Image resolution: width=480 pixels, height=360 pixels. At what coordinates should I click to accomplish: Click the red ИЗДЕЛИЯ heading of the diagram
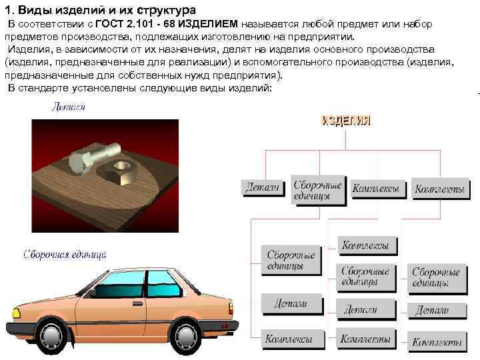click(346, 121)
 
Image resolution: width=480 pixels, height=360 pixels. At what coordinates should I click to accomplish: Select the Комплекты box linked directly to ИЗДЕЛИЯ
click(439, 189)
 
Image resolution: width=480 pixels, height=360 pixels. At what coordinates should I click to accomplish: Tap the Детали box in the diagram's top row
click(263, 188)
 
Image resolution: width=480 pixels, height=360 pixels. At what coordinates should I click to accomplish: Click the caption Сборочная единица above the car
click(65, 254)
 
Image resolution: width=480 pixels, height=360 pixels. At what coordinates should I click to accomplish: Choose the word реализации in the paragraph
click(200, 63)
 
